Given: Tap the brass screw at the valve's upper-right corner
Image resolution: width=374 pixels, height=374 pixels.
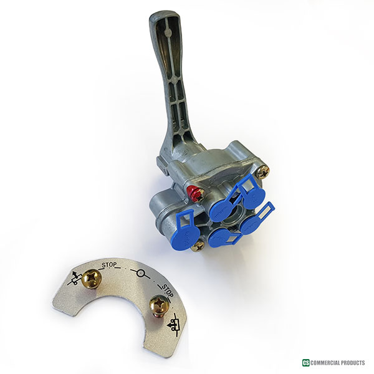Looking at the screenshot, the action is [262, 171].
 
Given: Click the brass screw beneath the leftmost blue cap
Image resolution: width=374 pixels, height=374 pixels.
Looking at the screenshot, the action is [198, 245].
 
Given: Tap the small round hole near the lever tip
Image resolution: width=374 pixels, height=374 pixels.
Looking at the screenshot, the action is [168, 32].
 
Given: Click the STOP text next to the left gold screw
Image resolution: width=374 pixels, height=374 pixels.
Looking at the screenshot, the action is [109, 265].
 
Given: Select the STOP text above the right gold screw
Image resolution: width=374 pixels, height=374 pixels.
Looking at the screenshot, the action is [168, 290].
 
